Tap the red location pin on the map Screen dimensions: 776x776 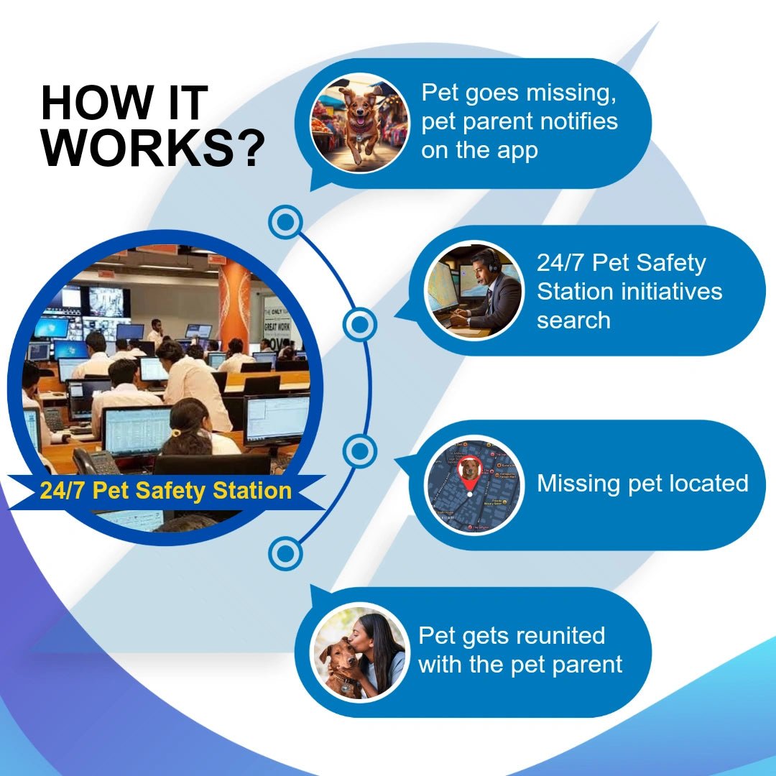(469, 472)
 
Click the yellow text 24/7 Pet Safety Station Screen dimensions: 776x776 (166, 491)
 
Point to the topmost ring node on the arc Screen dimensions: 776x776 (286, 223)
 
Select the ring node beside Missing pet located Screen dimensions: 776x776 (360, 453)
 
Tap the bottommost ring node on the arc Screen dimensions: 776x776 (286, 554)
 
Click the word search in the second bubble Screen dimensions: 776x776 (573, 320)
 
